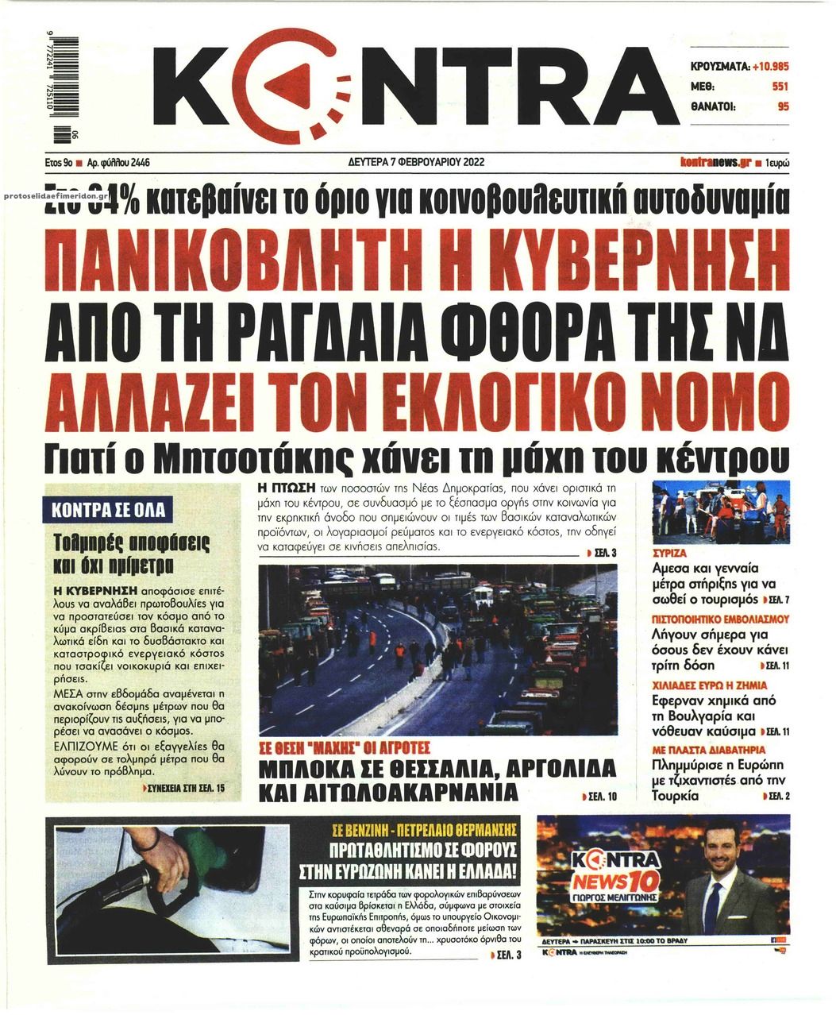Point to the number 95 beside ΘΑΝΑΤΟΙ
pyautogui.click(x=783, y=106)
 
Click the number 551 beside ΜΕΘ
pyautogui.click(x=780, y=87)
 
